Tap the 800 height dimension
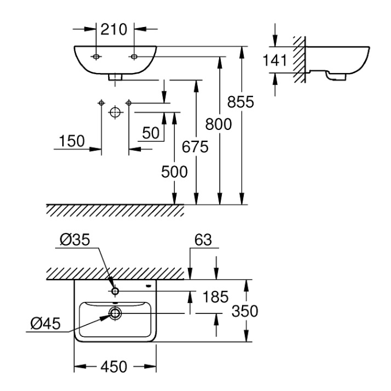point(218,124)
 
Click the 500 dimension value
point(174,171)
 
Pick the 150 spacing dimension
point(72,141)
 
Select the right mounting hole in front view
point(134,56)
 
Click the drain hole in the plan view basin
point(116,313)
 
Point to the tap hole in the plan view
point(116,291)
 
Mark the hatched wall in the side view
point(298,59)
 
